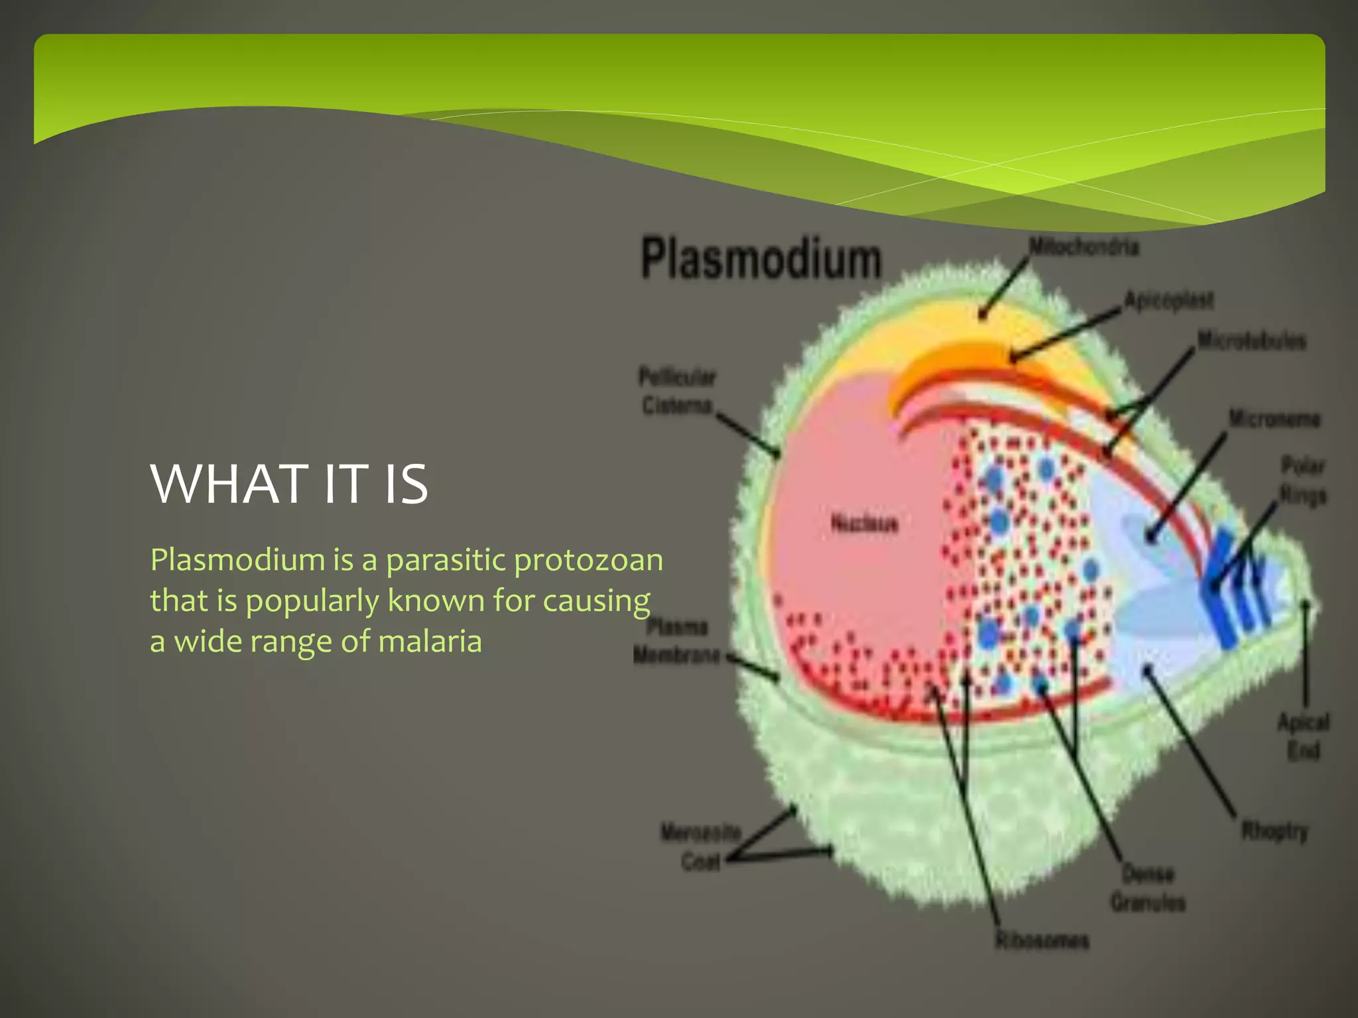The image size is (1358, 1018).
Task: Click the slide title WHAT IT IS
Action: click(x=289, y=484)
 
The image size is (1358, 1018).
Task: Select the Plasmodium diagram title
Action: click(x=761, y=259)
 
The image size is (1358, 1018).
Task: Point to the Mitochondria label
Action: click(x=1083, y=247)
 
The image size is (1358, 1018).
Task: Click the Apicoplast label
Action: click(x=1168, y=300)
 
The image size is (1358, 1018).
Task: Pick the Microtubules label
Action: click(x=1251, y=341)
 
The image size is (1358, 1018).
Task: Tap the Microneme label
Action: click(x=1274, y=419)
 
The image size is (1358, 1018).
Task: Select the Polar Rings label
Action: click(x=1302, y=481)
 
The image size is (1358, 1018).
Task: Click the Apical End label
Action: click(x=1303, y=736)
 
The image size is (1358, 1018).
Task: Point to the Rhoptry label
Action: click(x=1274, y=830)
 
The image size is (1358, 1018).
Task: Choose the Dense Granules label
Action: click(x=1148, y=888)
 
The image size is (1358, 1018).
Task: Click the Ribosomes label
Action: click(x=1042, y=940)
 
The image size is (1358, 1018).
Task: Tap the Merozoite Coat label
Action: click(x=700, y=846)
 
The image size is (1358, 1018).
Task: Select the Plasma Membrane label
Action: click(x=676, y=641)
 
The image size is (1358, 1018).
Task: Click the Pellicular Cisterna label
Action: click(x=676, y=391)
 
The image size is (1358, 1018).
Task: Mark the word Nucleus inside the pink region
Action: click(x=864, y=524)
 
